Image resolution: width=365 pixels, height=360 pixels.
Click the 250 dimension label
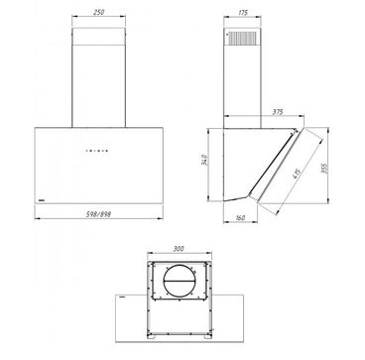98,13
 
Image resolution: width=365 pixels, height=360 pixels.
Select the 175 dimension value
243,13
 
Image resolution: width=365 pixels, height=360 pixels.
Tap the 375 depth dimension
278,112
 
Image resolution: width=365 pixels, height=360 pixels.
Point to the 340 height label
205,160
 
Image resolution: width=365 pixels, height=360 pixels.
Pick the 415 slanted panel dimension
296,174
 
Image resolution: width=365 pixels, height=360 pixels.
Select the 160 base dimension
240,218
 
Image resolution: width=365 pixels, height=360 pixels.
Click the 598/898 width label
98,214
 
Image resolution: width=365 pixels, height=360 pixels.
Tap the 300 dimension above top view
179,249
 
